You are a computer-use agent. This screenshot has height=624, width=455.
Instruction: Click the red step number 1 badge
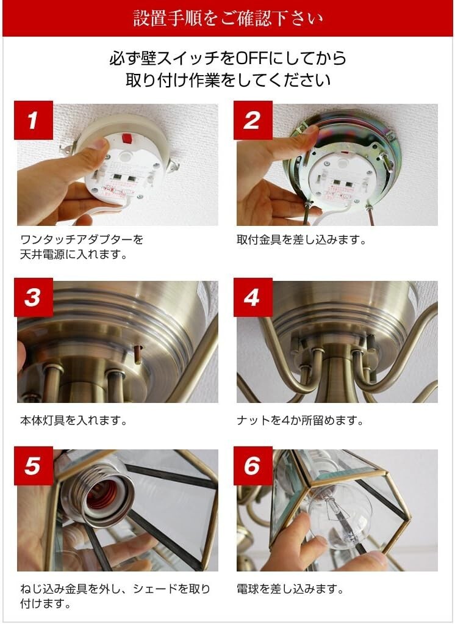point(34,120)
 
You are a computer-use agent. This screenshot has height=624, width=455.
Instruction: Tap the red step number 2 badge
point(253,120)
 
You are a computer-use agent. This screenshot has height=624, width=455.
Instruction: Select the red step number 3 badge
point(34,297)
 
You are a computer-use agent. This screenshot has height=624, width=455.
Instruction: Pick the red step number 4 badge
point(253,297)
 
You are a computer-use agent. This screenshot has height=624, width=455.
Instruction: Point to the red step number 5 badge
point(34,466)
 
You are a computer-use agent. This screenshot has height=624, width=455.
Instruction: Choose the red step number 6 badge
point(253,466)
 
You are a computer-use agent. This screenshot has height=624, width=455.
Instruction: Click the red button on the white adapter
point(127,138)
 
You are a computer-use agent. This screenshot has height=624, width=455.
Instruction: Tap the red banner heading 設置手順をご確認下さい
point(227,18)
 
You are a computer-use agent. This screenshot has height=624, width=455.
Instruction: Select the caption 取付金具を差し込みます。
point(301,240)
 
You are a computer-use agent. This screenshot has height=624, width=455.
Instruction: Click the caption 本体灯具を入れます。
point(74,421)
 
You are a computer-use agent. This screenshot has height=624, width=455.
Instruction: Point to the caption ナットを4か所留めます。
point(300,421)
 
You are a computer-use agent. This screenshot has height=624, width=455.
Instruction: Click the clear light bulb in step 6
point(339,517)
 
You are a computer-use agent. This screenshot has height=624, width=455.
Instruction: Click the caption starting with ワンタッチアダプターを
point(82,247)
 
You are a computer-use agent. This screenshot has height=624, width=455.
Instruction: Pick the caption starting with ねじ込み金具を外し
point(115,596)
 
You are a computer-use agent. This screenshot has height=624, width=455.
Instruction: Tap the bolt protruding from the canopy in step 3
point(138,355)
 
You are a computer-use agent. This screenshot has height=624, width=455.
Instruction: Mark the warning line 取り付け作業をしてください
point(228,80)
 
